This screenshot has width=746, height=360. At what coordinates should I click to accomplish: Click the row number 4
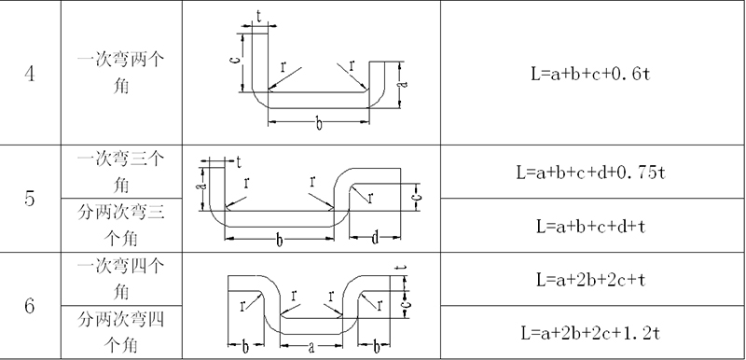[30, 75]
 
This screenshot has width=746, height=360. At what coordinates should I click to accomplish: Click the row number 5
[30, 199]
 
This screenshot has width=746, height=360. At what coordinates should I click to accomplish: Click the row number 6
[30, 306]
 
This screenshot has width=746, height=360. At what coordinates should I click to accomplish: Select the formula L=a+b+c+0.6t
[590, 74]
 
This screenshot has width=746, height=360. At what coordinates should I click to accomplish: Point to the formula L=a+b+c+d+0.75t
[590, 173]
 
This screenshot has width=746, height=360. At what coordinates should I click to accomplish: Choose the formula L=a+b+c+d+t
[590, 226]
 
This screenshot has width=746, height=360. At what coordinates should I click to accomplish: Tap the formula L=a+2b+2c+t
[590, 280]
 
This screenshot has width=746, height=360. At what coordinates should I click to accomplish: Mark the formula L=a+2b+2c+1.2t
[590, 333]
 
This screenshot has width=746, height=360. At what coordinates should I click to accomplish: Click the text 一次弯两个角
[121, 74]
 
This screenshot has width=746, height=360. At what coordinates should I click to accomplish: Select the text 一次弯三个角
[121, 172]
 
